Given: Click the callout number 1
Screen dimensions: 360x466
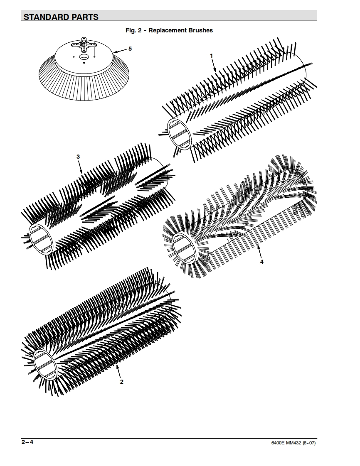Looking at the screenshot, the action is click(212, 55).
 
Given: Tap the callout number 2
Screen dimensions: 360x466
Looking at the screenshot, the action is click(122, 382).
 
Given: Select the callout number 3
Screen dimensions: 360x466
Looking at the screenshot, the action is click(78, 157).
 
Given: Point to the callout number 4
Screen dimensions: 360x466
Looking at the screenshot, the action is click(262, 262).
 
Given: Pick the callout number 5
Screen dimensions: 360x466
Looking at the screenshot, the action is click(130, 49).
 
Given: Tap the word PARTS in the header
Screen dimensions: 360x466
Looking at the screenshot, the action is click(85, 17).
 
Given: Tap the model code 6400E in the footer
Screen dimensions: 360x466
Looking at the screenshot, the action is click(278, 443).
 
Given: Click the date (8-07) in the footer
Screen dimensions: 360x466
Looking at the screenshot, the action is click(313, 443).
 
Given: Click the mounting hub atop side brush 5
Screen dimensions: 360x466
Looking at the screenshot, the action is click(85, 42).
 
